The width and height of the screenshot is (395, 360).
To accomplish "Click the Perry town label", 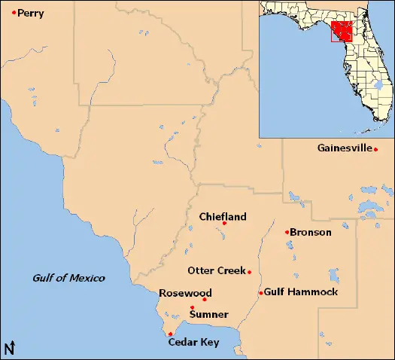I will [x=31, y=13].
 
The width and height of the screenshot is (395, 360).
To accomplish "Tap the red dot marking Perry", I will [x=14, y=12].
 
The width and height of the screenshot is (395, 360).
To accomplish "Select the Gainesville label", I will [x=345, y=148].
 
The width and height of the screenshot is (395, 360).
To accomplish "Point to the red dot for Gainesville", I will [x=375, y=149].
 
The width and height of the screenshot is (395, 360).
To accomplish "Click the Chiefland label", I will [x=223, y=217].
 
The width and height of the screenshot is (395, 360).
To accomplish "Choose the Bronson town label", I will [x=311, y=232].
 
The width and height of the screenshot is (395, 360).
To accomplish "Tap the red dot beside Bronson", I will [x=287, y=232].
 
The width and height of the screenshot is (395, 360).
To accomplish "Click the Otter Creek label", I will [x=215, y=271].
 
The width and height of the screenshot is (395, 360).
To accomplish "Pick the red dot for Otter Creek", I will [x=248, y=272].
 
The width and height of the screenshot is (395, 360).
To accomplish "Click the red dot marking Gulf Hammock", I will [x=260, y=293].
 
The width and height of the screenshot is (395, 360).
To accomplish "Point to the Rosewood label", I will [x=185, y=293].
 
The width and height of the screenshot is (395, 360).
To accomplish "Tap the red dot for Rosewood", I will [x=205, y=300].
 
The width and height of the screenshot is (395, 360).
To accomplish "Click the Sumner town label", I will [x=208, y=314].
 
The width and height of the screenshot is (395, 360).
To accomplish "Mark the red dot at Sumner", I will [x=193, y=307].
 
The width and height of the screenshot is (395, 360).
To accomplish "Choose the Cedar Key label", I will [x=193, y=343].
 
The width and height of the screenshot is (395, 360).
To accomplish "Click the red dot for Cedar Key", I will [x=171, y=334].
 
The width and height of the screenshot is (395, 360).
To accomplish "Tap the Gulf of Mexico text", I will [x=68, y=278].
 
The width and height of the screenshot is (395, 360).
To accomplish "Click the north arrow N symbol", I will [x=10, y=348].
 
